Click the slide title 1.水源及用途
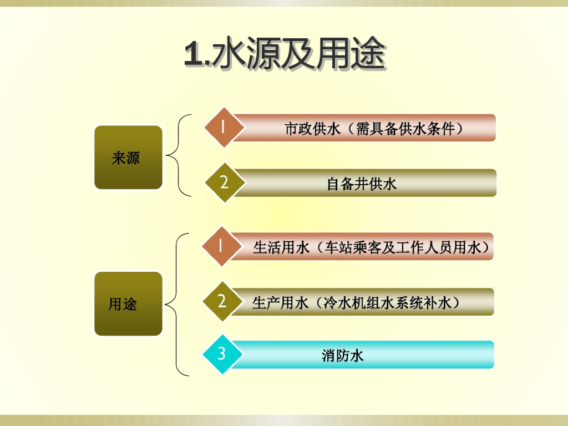[285, 54]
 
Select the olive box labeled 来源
[128, 158]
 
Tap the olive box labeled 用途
[128, 303]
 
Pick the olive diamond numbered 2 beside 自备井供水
[224, 182]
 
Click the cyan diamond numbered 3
[222, 354]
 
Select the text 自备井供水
[362, 184]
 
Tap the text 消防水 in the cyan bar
[342, 355]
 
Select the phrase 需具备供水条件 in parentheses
[405, 129]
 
